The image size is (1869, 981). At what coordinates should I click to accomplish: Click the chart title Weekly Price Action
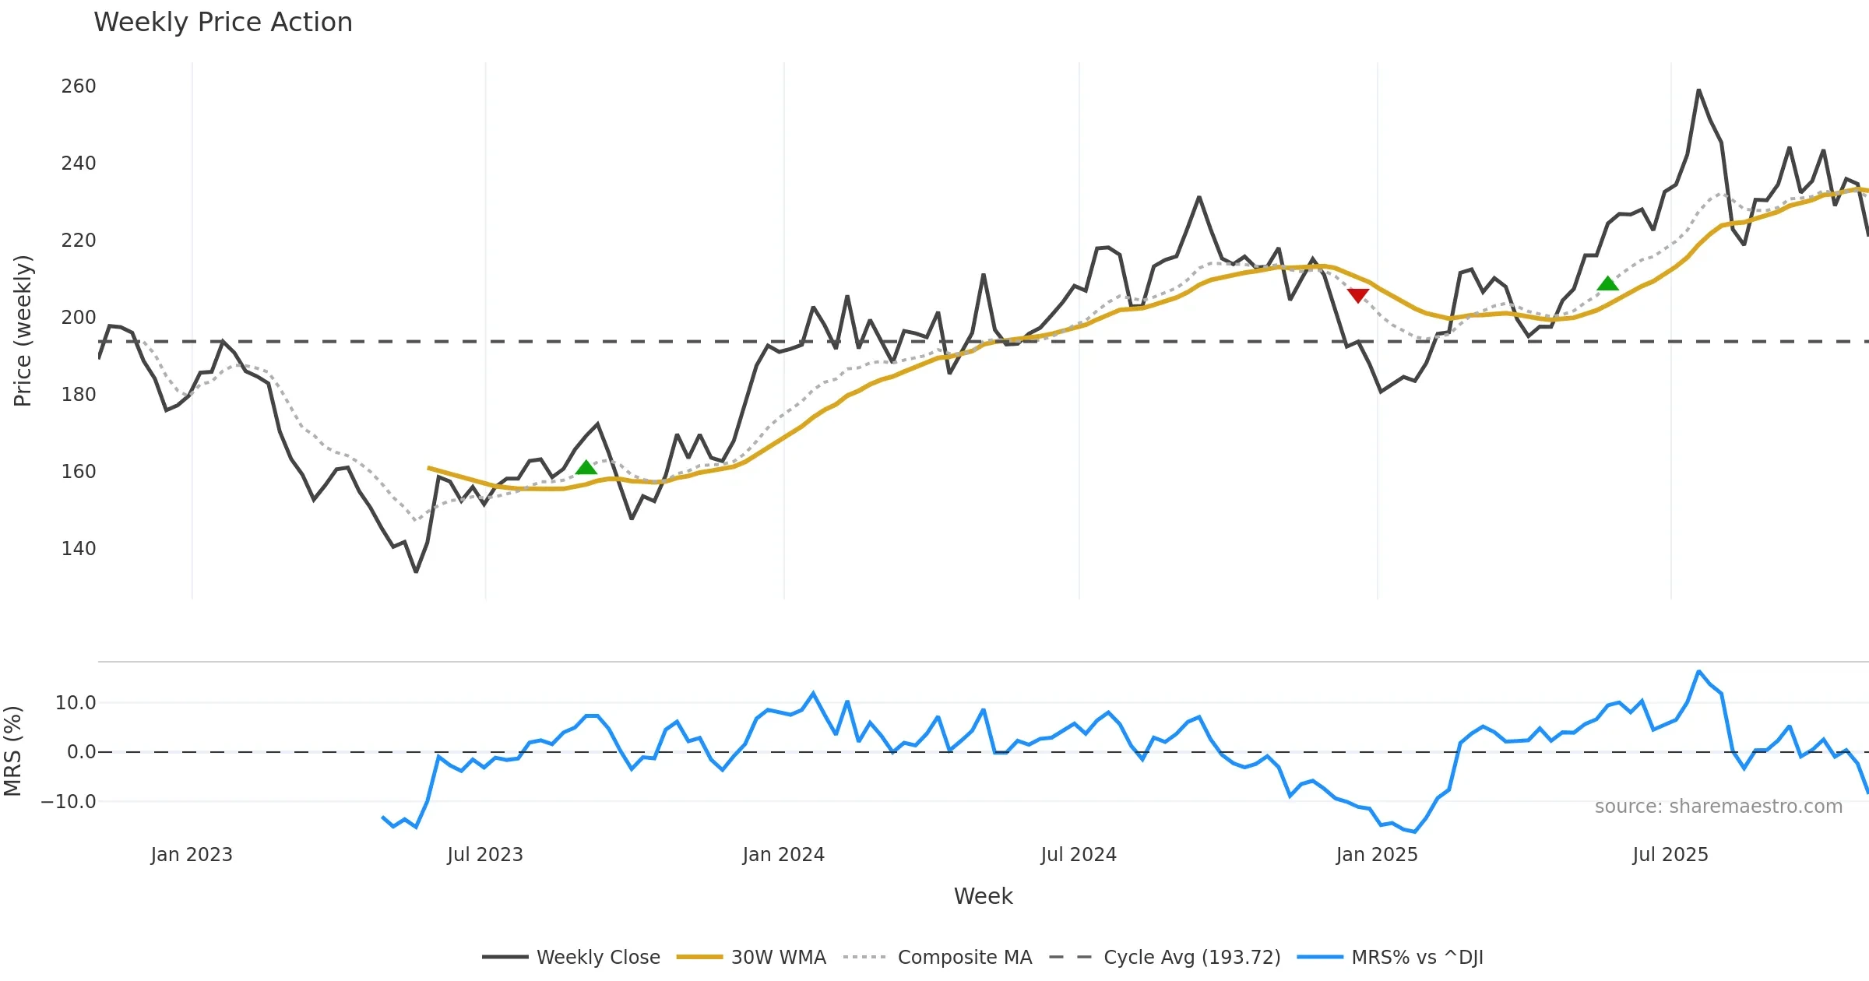223,23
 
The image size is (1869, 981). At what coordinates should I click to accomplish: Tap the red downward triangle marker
1358,295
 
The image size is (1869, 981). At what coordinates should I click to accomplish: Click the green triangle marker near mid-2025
1607,284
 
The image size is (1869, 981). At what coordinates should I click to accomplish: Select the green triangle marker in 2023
586,467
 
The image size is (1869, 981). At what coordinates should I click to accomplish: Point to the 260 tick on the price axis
79,86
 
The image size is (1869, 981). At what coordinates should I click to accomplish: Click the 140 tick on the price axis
79,549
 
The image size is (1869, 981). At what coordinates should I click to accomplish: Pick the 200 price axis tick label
79,318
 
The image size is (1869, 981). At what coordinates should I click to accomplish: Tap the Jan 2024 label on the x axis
783,855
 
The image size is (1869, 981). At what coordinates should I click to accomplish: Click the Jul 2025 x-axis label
1670,855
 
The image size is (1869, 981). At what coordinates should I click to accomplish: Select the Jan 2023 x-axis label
192,855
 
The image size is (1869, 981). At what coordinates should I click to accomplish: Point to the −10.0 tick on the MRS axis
69,802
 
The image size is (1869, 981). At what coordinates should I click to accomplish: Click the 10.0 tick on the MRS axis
76,703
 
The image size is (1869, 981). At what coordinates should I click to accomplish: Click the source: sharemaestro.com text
1718,807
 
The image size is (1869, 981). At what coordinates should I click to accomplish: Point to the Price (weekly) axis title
23,331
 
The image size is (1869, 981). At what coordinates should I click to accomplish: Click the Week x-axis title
983,897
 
